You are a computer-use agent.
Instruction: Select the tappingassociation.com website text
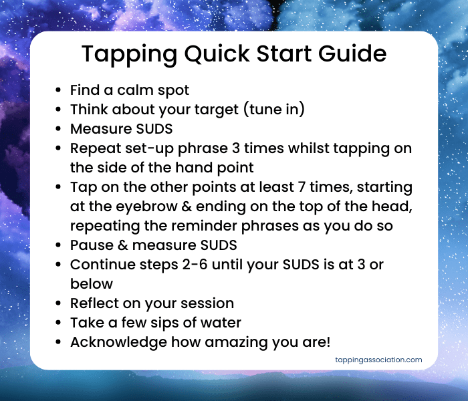[378, 360]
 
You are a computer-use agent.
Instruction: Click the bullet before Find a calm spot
[60, 90]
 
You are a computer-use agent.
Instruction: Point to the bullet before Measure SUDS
[60, 128]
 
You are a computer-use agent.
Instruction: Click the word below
[92, 283]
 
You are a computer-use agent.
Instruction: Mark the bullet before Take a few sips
[60, 323]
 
